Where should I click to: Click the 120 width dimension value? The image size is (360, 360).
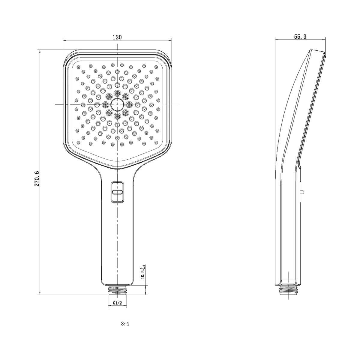coord(117,37)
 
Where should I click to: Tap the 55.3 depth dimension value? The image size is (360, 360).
coord(300,37)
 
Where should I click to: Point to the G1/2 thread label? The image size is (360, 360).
coord(118,308)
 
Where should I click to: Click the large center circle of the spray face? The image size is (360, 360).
coord(117,105)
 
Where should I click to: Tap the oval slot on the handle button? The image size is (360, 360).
coord(117,192)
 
